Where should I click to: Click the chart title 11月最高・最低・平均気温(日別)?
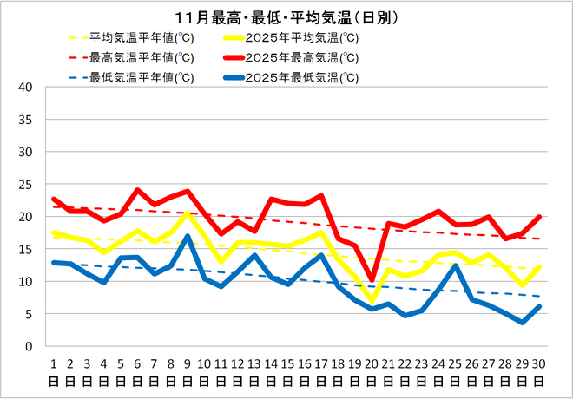point(286,17)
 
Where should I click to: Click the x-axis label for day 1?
point(54,371)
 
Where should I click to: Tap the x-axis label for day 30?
point(539,371)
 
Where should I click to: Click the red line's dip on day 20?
point(372,279)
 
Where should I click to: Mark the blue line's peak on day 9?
point(188,236)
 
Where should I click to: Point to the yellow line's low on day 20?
point(372,301)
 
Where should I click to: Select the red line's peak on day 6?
point(137,190)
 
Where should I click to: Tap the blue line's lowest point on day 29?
point(523,322)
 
